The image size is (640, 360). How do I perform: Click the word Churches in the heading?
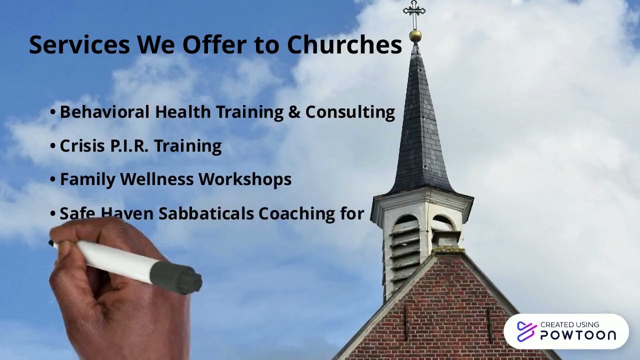coord(344,45)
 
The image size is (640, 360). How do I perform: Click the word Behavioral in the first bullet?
coord(104,112)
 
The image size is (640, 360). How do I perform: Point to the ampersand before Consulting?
coord(294,112)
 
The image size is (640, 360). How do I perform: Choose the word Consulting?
coord(350,112)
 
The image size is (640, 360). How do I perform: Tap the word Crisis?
coord(78,146)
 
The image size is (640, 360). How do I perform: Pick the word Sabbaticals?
coord(206,213)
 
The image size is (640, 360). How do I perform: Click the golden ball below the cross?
coord(415,35)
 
